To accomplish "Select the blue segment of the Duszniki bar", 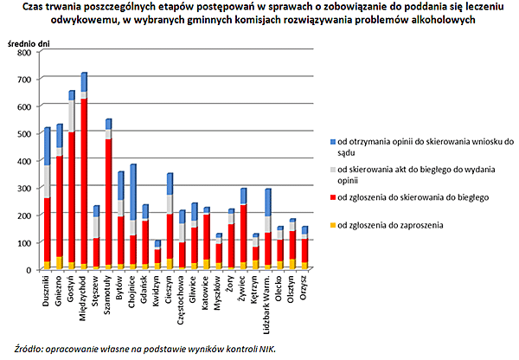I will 48,147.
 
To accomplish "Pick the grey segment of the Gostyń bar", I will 72,116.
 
